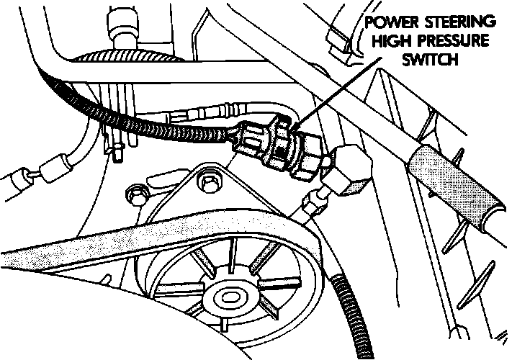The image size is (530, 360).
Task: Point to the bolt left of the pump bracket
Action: [x=133, y=193]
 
